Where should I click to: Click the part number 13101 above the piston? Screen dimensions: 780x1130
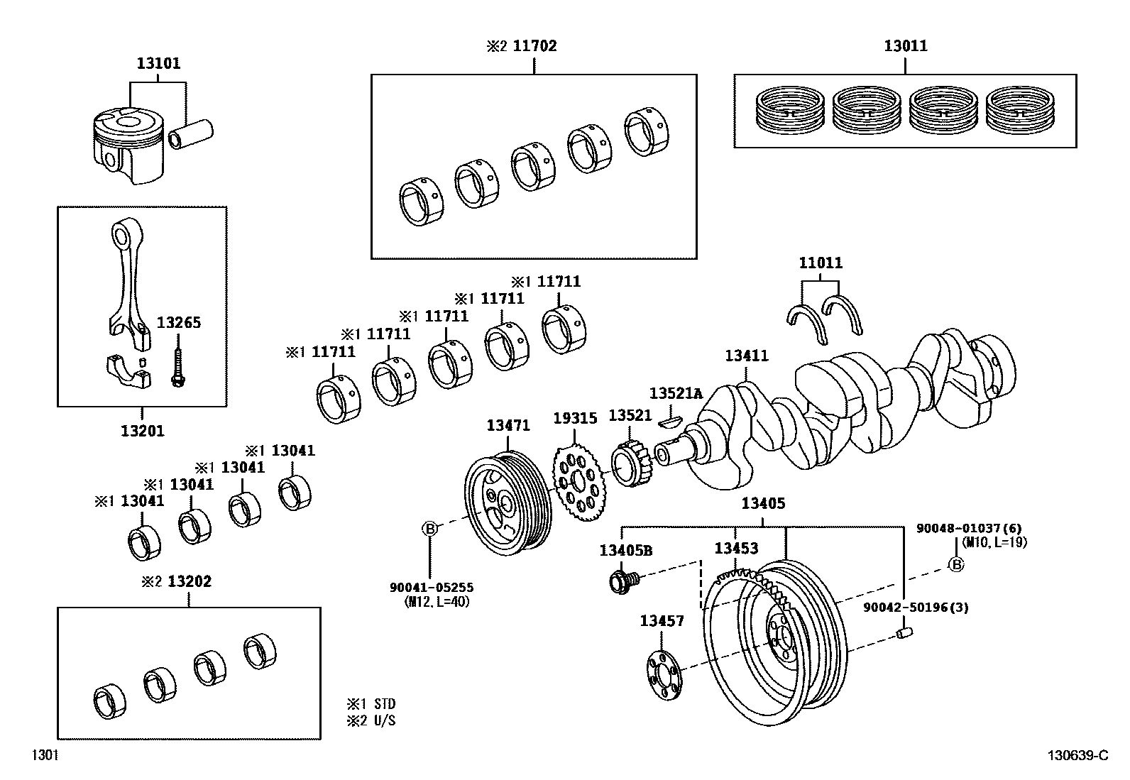tap(158, 63)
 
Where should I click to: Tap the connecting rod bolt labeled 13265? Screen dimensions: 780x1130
tap(176, 364)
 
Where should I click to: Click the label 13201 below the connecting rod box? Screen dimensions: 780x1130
tap(142, 430)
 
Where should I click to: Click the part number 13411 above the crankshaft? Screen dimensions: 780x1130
tap(746, 356)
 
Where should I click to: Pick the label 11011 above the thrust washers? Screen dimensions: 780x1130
tap(821, 263)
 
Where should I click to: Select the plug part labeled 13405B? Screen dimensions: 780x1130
tap(622, 581)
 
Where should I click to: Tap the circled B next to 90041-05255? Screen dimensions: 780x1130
tap(429, 528)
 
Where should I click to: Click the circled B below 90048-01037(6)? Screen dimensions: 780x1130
tap(956, 564)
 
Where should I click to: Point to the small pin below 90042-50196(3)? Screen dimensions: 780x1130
tap(904, 632)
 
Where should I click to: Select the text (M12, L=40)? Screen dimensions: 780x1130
tap(435, 602)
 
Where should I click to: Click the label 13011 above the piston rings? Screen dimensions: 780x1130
tap(905, 46)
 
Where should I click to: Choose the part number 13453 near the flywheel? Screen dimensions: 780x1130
tap(735, 548)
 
